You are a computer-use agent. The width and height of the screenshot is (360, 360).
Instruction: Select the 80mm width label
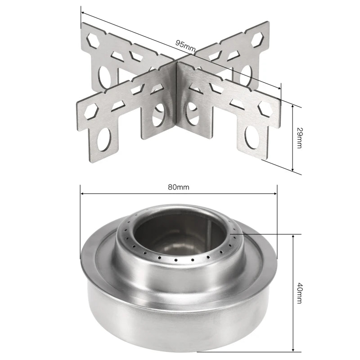point(178,188)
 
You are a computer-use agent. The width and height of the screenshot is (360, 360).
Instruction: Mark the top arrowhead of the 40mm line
point(293,236)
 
